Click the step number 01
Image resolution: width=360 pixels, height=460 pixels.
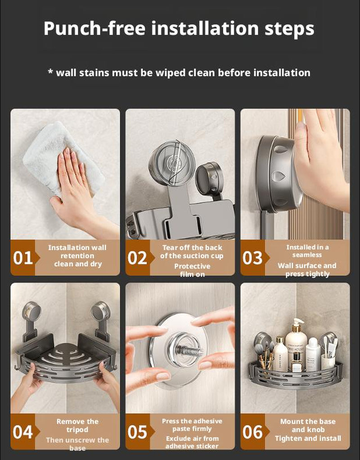click(23, 258)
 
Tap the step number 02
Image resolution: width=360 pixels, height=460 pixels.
click(138, 258)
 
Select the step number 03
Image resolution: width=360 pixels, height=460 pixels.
click(252, 258)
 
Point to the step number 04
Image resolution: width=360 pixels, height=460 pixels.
click(23, 432)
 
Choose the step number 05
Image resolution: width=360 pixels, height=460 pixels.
click(138, 432)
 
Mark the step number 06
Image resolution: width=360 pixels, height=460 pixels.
click(252, 432)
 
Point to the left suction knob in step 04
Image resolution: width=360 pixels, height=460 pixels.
click(31, 311)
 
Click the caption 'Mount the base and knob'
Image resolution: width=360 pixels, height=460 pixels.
click(308, 425)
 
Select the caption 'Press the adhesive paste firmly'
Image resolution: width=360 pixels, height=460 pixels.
click(192, 425)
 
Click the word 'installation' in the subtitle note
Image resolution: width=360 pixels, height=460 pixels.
click(278, 72)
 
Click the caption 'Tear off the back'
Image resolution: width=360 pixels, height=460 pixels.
click(192, 247)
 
